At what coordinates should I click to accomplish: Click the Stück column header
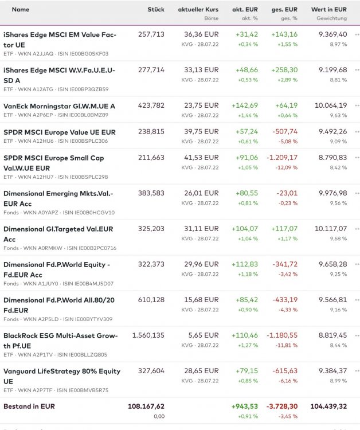155,10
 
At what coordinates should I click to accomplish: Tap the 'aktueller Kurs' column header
198,10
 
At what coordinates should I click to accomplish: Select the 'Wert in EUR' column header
328,10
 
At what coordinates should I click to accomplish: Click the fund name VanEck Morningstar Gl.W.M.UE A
59,106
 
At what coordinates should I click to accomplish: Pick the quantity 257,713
151,34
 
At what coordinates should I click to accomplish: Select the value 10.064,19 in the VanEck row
331,105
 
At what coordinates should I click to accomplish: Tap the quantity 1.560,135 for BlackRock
148,335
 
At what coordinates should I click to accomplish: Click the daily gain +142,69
245,105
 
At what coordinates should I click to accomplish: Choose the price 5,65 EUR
204,335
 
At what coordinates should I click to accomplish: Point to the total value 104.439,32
325,406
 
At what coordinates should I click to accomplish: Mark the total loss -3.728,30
280,406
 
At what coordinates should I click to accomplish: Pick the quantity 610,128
151,300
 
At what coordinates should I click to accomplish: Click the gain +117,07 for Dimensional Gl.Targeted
284,229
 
